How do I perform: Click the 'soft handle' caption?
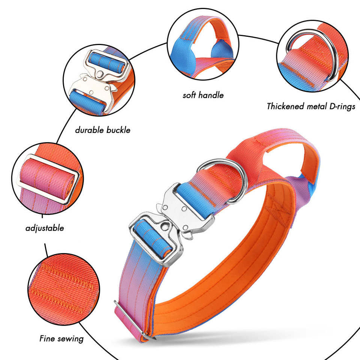click(x=203, y=95)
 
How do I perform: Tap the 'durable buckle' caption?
click(x=102, y=130)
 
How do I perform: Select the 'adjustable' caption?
click(x=45, y=228)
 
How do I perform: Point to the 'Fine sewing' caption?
click(x=61, y=339)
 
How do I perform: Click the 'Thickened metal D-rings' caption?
click(x=310, y=106)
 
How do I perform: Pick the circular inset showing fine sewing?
click(x=64, y=289)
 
